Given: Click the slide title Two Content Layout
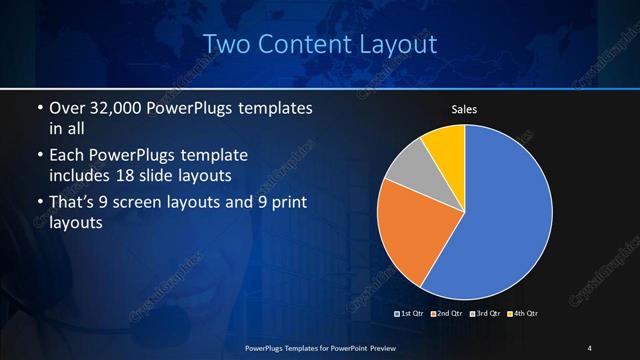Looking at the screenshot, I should [320, 44].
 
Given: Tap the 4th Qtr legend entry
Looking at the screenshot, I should [521, 313].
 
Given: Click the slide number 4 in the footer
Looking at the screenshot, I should [590, 347].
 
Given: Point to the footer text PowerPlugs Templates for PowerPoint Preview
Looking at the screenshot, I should [320, 347].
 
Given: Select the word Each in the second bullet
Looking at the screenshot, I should [67, 157].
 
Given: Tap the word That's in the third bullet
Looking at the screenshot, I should [73, 204].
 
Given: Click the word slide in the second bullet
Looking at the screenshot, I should [174, 177].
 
